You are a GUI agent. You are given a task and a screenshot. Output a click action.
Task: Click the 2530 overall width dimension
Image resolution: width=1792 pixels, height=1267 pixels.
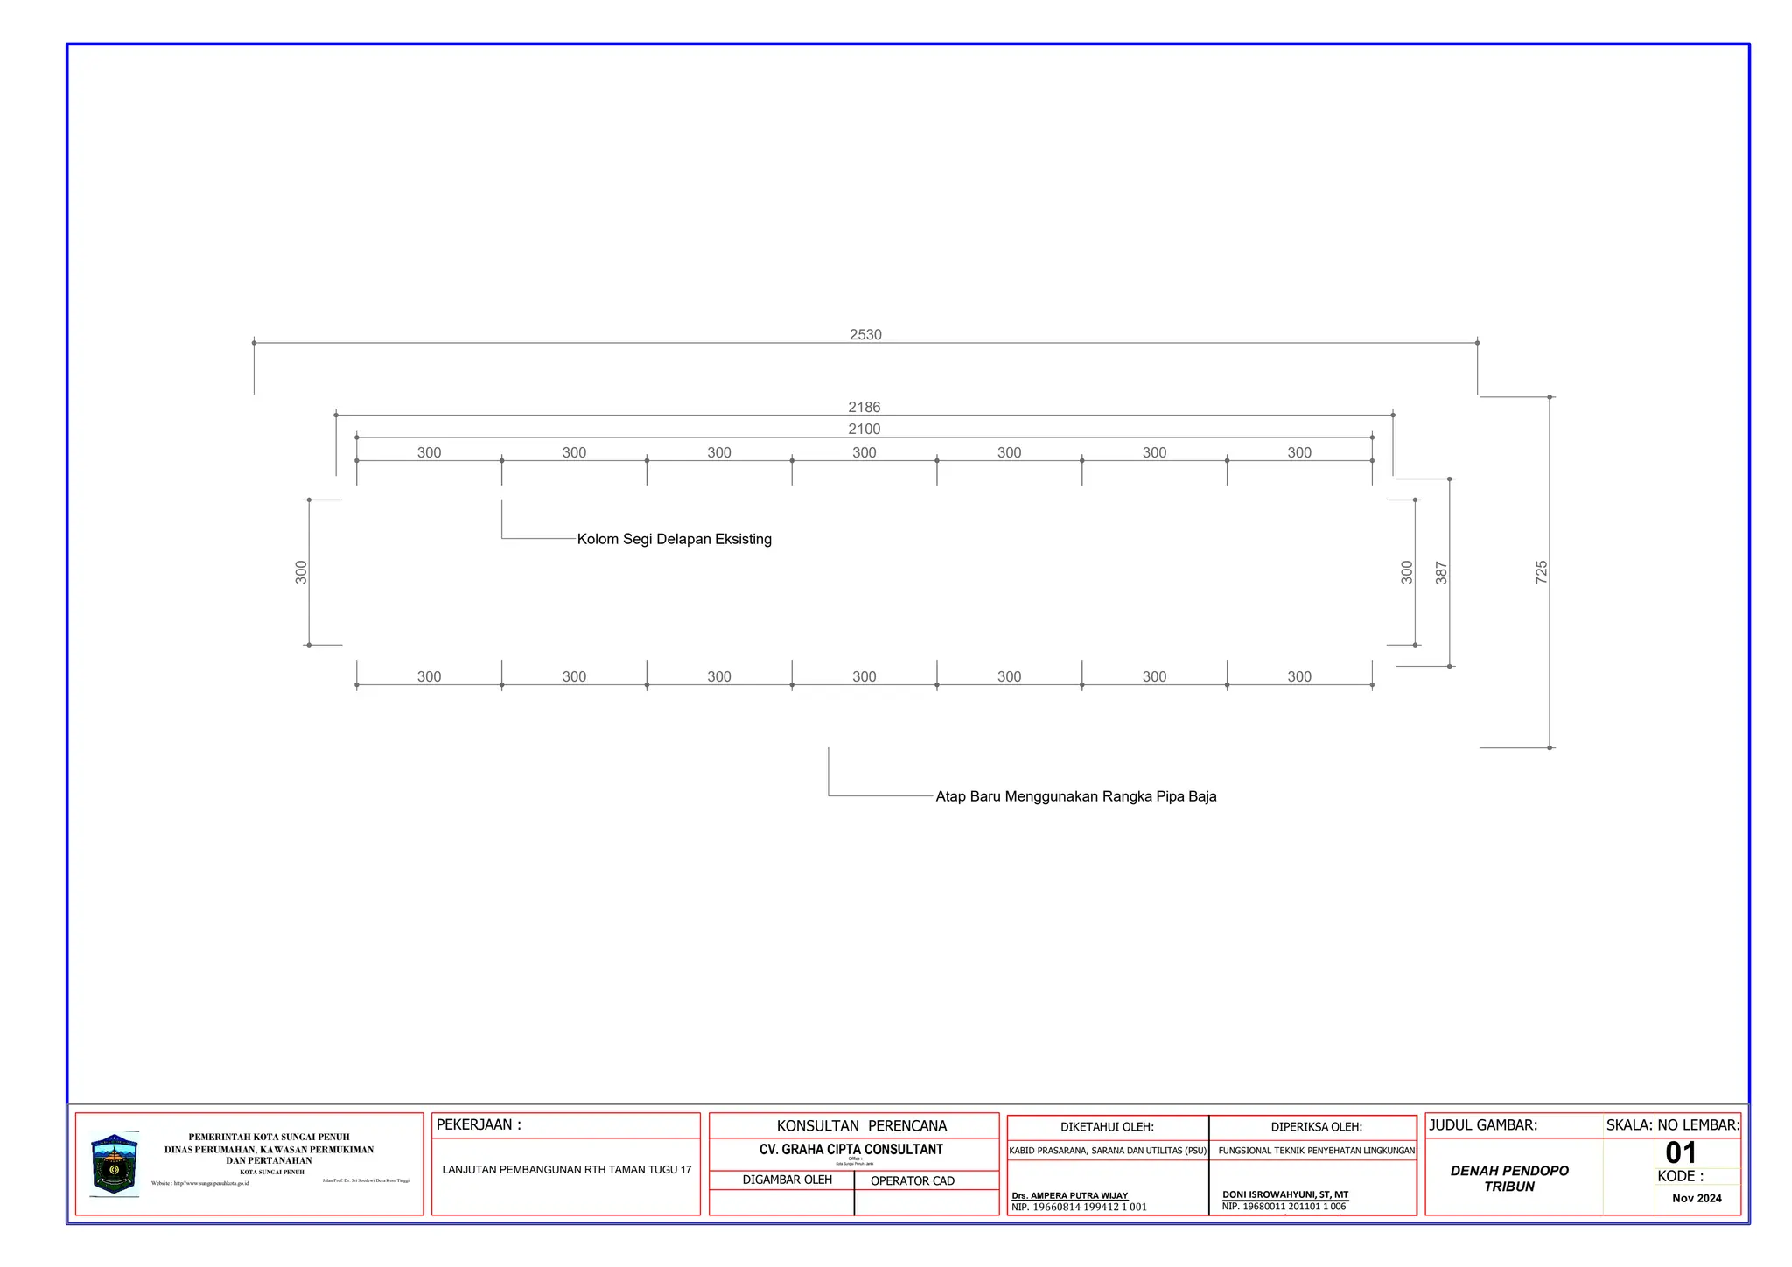(865, 335)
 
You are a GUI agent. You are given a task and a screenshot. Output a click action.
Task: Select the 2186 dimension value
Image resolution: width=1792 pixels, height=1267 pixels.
(864, 408)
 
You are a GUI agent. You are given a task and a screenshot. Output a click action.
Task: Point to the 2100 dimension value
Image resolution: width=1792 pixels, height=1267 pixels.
(864, 430)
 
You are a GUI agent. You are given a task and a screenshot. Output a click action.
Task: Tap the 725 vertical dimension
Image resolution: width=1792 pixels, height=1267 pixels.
(1541, 573)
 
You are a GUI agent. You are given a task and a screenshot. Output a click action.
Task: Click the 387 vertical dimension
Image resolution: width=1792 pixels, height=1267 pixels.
(1441, 573)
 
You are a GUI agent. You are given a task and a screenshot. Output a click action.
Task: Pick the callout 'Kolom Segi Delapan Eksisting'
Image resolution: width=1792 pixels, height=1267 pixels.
(674, 540)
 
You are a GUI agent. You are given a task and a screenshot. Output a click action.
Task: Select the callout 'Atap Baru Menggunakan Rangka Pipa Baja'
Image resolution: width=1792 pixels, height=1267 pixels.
(1075, 797)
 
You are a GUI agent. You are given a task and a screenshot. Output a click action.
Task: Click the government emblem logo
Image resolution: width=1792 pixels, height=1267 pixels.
(115, 1165)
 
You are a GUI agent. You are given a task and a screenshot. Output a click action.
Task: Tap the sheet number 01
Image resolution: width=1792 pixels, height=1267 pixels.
(1681, 1152)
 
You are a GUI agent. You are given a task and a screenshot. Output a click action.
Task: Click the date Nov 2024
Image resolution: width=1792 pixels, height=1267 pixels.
(1696, 1199)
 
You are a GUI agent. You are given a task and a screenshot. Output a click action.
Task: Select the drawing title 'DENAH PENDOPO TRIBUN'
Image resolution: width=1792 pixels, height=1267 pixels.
(1509, 1179)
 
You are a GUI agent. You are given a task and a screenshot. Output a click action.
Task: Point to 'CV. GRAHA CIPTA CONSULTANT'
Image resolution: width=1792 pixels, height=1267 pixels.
(850, 1150)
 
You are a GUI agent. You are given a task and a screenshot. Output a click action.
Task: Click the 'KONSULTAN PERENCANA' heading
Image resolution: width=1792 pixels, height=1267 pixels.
(861, 1126)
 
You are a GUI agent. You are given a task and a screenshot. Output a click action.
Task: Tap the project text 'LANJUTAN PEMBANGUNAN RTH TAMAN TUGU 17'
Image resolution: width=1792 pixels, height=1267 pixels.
(566, 1170)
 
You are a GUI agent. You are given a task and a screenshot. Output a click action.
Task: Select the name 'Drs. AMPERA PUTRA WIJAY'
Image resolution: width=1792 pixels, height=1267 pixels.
(1069, 1195)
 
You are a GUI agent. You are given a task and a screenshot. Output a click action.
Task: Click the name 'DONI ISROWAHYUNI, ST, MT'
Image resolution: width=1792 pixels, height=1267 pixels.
(1284, 1194)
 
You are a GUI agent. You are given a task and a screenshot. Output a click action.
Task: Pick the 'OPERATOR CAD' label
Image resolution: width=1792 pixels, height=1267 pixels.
(912, 1181)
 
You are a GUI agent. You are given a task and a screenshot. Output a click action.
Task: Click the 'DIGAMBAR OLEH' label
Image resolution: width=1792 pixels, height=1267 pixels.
(787, 1180)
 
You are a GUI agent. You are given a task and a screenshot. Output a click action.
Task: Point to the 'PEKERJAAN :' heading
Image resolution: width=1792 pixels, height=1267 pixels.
(479, 1125)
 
